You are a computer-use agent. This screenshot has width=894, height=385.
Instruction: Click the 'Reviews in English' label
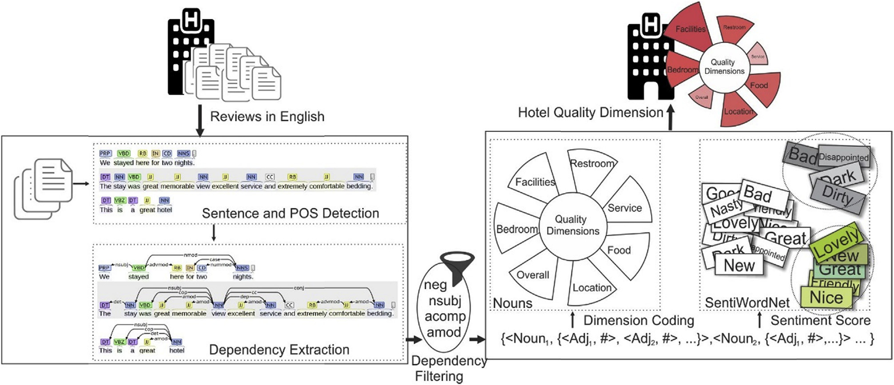click(267, 116)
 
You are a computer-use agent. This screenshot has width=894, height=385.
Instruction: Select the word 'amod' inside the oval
click(444, 332)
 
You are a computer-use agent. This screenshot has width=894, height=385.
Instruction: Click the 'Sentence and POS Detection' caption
click(290, 213)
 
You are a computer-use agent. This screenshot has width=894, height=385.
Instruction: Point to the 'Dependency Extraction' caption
click(279, 349)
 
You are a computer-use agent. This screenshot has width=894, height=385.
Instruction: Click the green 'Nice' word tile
click(826, 297)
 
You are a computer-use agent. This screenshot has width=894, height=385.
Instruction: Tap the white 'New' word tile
click(739, 266)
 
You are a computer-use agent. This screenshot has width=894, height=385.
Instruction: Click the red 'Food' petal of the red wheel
click(759, 85)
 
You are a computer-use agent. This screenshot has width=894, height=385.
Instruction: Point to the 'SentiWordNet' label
click(747, 303)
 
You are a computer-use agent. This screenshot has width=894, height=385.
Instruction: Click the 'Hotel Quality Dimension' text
click(590, 113)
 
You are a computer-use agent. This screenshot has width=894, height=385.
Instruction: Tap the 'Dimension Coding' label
click(638, 320)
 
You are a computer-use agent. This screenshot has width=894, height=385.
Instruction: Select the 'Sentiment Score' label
click(820, 320)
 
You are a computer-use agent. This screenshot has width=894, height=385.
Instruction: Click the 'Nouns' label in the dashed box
click(513, 303)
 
